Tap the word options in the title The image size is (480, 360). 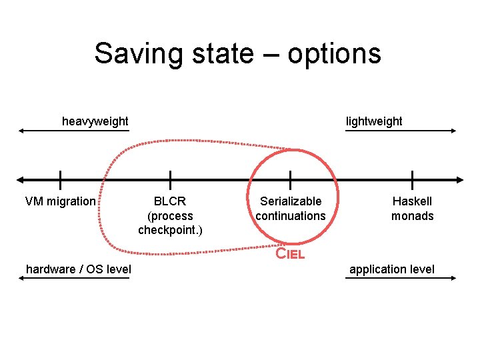click(334, 54)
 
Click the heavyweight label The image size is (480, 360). click(95, 121)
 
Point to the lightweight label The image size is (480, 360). click(373, 121)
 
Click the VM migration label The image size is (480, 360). click(60, 201)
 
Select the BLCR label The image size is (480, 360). click(170, 201)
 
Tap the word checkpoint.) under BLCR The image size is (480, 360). click(170, 231)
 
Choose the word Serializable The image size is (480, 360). click(291, 201)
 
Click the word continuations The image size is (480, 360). click(291, 216)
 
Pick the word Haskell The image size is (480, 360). click(412, 201)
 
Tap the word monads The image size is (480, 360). click(412, 216)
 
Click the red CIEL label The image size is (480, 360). click(291, 253)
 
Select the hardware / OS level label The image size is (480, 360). click(78, 269)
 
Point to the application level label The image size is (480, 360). click(392, 269)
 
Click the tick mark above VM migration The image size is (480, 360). click(60, 179)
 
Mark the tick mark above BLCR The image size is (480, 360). click(170, 179)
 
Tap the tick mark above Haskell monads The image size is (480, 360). click(412, 179)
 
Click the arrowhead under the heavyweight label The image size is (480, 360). click(21, 131)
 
